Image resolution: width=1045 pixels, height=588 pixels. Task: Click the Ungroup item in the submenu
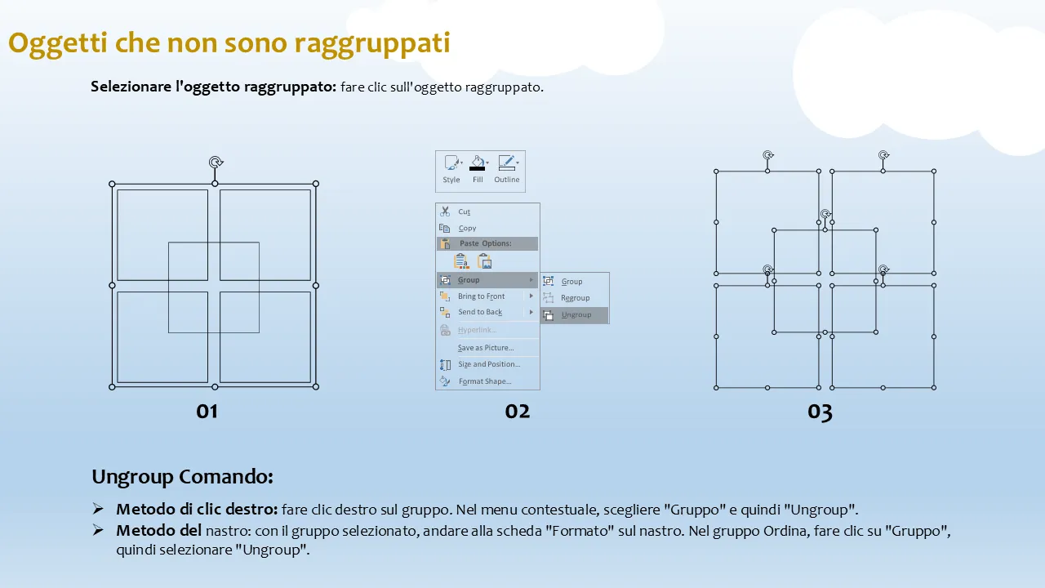(575, 315)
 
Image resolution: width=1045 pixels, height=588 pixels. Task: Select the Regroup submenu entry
(575, 298)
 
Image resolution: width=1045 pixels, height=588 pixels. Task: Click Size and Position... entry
(487, 364)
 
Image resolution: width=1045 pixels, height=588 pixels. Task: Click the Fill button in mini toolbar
(478, 169)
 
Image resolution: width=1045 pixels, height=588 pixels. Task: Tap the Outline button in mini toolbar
(507, 169)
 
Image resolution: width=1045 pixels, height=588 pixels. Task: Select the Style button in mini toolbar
(451, 169)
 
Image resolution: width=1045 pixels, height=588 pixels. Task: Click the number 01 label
(207, 412)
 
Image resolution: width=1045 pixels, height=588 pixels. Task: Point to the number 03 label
(820, 412)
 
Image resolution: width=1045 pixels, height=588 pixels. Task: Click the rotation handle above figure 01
(216, 163)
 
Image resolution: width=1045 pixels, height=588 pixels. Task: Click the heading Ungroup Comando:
(182, 477)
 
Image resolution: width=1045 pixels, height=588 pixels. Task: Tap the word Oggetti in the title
(58, 44)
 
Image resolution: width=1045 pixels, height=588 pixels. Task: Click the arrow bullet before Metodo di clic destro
(98, 508)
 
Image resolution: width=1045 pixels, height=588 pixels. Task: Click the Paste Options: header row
(487, 243)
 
